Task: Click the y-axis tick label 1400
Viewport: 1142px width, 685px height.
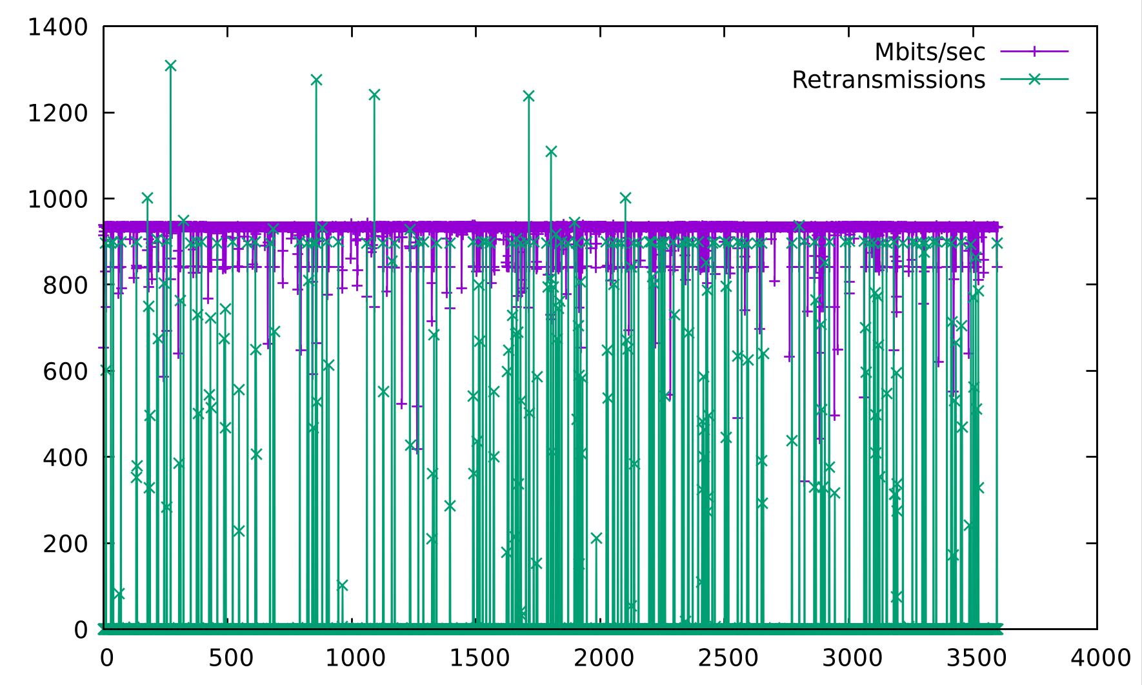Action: click(57, 27)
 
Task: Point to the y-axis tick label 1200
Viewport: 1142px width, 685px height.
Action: click(57, 113)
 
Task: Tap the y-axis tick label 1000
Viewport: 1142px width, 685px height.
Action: click(57, 199)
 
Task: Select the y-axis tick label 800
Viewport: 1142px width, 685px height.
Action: click(65, 285)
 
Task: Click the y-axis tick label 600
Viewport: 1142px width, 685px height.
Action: click(65, 371)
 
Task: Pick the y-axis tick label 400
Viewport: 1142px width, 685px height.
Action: click(65, 457)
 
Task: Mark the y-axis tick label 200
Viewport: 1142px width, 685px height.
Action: click(65, 544)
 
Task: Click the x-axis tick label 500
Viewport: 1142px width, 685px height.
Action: click(230, 658)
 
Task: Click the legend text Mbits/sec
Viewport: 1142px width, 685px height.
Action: click(930, 52)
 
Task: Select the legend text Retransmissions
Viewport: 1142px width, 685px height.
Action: click(888, 79)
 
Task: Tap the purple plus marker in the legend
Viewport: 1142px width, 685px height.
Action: click(1034, 51)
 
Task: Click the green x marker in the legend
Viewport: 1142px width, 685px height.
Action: click(1034, 79)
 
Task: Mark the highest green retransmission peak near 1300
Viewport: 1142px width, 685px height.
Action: click(170, 65)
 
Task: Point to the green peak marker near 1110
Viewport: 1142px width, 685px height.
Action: click(551, 152)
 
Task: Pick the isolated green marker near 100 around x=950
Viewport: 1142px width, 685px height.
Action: click(342, 585)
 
